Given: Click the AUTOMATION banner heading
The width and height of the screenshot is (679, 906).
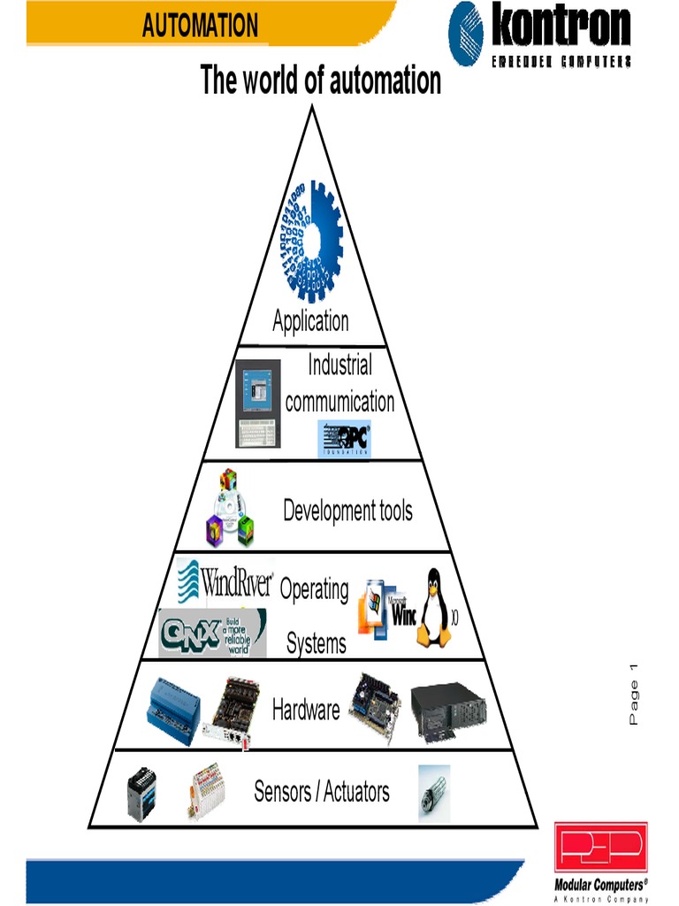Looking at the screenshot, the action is click(200, 26).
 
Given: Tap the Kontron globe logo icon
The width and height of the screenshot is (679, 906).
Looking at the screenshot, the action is click(468, 32).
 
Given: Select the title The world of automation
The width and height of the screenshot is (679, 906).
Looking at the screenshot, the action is click(320, 81).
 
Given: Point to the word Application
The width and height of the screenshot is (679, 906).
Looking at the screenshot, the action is click(310, 320).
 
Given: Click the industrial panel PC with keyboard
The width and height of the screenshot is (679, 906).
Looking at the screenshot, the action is click(257, 403).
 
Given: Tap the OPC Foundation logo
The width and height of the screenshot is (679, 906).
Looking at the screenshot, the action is click(345, 439).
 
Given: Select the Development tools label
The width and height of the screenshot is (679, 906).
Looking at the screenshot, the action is click(347, 511).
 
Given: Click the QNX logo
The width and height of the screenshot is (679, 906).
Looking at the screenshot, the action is click(212, 633).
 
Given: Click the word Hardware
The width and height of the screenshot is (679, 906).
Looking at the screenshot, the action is click(306, 710).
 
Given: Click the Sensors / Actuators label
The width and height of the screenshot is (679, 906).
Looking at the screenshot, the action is click(322, 791).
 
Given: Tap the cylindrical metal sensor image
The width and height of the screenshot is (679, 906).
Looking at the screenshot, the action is click(433, 792).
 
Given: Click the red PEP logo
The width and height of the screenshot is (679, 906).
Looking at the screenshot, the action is click(600, 848).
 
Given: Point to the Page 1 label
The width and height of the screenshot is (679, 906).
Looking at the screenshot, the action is click(634, 695).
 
